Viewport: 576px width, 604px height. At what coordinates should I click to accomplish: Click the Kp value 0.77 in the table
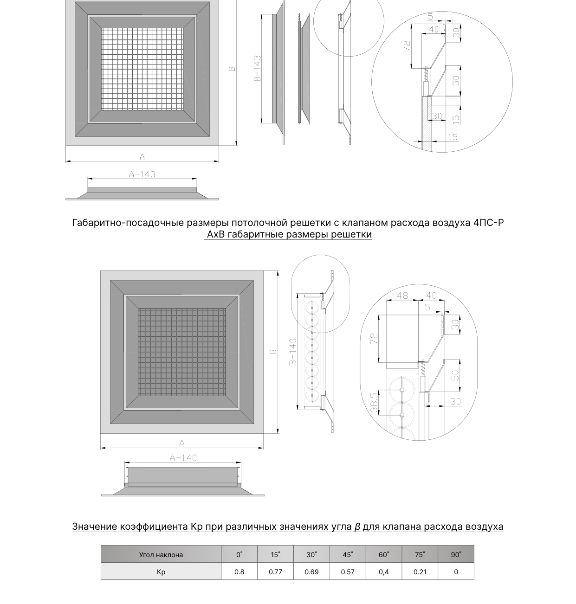[x=275, y=572]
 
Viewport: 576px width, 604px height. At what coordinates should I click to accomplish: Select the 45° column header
[x=348, y=554]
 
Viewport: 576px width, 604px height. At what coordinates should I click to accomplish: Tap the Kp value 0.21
[x=420, y=572]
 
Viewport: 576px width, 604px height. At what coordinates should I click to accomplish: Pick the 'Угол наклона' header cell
[x=161, y=555]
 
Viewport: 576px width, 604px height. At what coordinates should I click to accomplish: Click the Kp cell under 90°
[x=456, y=572]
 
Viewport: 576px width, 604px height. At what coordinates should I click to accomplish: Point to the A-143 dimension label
[x=142, y=174]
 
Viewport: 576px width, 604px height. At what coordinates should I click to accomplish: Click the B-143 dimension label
[x=257, y=68]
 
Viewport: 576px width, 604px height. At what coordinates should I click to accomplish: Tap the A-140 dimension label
[x=183, y=458]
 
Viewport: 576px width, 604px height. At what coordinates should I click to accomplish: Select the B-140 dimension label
[x=293, y=352]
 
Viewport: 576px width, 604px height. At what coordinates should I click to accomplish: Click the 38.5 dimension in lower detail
[x=374, y=402]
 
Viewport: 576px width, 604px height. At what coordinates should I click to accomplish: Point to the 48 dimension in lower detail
[x=402, y=295]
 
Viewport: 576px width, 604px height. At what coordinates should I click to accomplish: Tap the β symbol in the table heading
[x=357, y=527]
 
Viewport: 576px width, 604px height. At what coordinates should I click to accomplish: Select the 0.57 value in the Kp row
[x=348, y=572]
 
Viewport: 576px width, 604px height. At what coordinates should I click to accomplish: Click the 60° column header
[x=384, y=554]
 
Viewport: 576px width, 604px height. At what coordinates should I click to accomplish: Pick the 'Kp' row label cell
[x=161, y=572]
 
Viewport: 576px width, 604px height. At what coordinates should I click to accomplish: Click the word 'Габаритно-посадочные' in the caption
[x=129, y=223]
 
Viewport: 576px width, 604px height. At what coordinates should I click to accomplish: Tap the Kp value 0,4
[x=383, y=572]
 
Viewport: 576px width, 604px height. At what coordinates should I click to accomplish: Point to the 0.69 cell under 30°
[x=311, y=572]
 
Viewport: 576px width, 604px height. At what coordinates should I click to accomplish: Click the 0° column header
[x=239, y=554]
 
